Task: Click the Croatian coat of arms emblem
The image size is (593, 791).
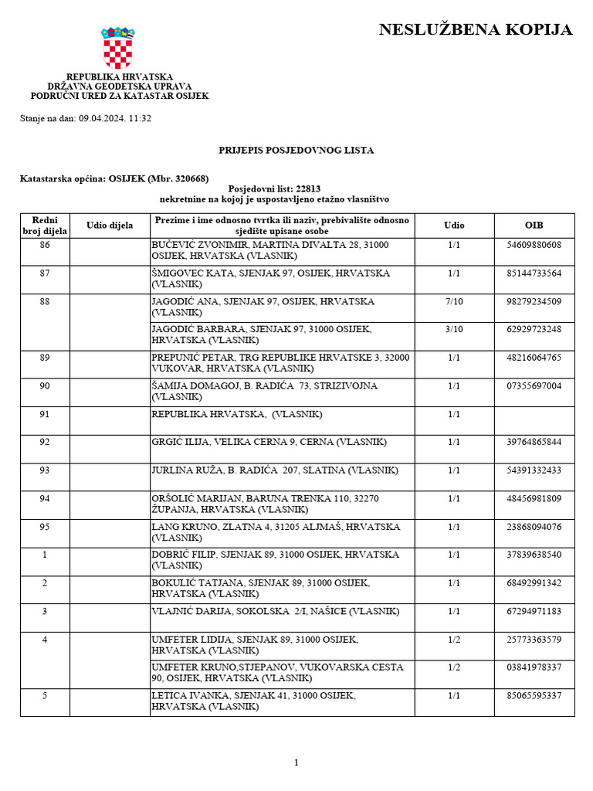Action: (x=118, y=48)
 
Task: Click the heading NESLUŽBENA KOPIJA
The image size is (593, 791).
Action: (x=476, y=30)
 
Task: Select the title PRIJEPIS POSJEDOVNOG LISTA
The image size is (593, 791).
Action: (x=296, y=151)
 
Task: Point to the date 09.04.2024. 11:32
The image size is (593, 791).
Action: (x=114, y=118)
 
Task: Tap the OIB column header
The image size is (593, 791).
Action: (x=534, y=226)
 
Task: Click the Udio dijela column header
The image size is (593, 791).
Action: (x=110, y=226)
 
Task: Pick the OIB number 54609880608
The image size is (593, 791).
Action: (x=534, y=245)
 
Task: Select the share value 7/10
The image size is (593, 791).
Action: (x=454, y=301)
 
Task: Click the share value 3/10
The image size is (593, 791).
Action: (x=454, y=329)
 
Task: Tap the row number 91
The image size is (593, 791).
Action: (x=45, y=414)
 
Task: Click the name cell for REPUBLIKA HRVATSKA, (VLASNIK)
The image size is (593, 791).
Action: (x=236, y=414)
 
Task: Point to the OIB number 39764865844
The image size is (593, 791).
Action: (x=534, y=442)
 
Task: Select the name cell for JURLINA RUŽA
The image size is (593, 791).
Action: (x=274, y=470)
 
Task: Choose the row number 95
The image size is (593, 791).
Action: (x=45, y=527)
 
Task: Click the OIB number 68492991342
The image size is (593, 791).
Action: (x=534, y=582)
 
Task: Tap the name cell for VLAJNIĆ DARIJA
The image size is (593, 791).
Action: (x=276, y=611)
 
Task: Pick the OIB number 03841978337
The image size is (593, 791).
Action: (x=534, y=667)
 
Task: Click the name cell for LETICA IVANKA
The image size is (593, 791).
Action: (x=254, y=701)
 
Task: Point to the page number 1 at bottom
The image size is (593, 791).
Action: (x=296, y=762)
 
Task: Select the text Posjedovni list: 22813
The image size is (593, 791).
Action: (x=274, y=188)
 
